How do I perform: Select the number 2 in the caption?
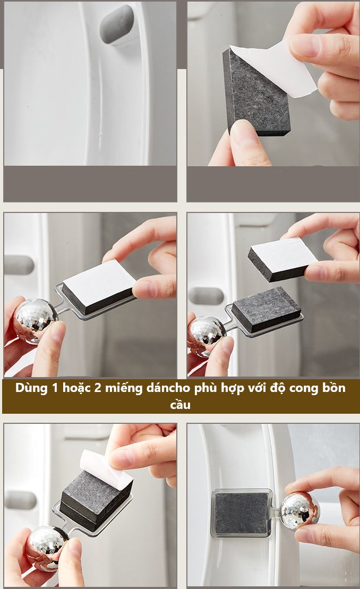coord(98,388)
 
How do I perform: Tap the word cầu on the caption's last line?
coord(180,405)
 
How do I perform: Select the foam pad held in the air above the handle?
coord(282,259)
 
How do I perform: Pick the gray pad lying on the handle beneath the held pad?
coord(266,309)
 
